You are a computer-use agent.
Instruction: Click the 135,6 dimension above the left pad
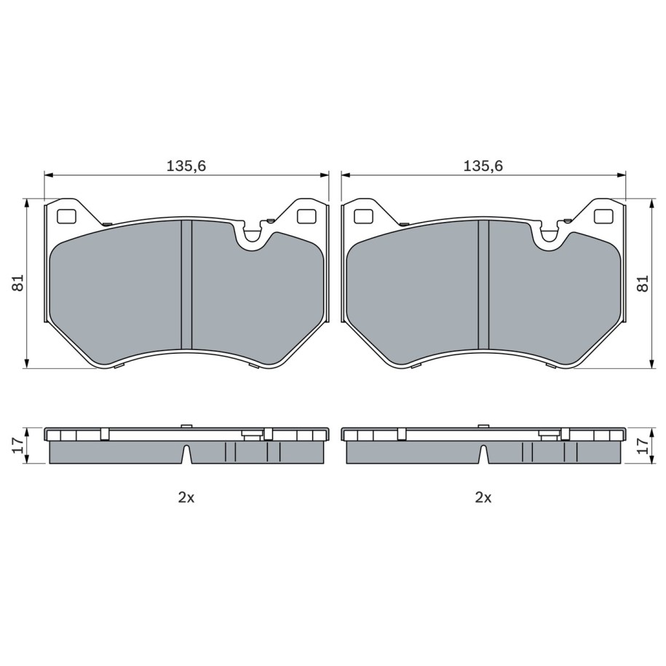point(186,166)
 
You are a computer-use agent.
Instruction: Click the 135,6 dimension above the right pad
point(483,166)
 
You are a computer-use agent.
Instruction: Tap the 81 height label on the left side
point(18,283)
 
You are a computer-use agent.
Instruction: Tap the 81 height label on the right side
point(643,283)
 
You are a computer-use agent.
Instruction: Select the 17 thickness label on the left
point(18,445)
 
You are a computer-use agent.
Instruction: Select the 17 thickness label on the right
point(643,445)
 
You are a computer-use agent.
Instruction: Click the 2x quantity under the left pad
point(186,497)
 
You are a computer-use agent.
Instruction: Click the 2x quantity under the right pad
point(483,497)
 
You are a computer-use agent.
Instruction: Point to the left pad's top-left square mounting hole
point(66,217)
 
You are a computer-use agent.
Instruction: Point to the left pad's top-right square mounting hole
point(306,217)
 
